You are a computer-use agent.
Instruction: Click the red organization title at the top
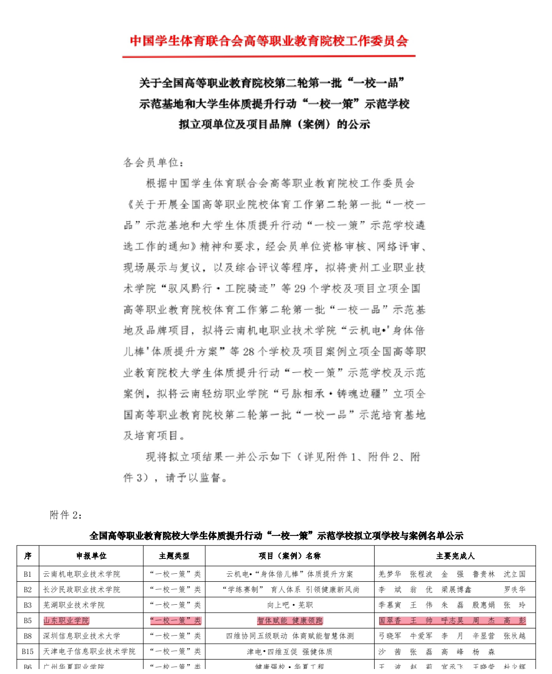(269, 41)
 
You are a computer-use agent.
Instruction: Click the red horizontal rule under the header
(269, 56)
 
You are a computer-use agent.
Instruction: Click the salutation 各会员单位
(153, 163)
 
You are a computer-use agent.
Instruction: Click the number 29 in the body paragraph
(300, 289)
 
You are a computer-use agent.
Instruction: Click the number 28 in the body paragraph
(249, 352)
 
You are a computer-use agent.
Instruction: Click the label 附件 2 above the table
(66, 515)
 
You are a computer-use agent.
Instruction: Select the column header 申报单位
(91, 556)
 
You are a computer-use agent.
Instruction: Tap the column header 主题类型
(174, 556)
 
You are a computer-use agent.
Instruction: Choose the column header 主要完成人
(455, 556)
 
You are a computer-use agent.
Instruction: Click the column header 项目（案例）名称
(289, 556)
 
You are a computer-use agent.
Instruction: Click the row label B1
(28, 574)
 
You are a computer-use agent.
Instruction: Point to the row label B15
(28, 652)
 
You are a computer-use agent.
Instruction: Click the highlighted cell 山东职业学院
(66, 621)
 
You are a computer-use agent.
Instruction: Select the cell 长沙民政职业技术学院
(82, 590)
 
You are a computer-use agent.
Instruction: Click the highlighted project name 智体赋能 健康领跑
(290, 621)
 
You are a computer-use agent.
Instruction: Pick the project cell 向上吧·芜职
(290, 605)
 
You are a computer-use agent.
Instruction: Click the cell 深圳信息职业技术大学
(82, 636)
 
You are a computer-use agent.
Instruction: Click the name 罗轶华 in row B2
(515, 590)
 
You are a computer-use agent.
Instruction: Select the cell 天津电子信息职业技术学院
(89, 652)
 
